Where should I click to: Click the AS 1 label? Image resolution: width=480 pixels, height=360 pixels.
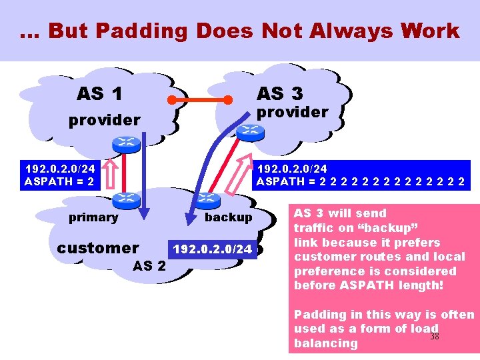click(99, 94)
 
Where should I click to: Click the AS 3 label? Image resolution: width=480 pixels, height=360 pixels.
click(279, 93)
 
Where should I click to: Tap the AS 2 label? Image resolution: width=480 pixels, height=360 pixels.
click(150, 266)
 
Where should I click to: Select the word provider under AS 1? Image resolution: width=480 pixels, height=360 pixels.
click(104, 120)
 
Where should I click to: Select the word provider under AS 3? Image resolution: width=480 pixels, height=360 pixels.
click(293, 112)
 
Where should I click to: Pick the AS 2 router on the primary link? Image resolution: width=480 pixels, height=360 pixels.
click(126, 198)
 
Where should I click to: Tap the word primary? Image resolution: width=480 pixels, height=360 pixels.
click(93, 217)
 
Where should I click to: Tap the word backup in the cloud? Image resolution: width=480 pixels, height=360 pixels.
click(229, 217)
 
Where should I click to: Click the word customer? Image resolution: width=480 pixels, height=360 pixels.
click(98, 248)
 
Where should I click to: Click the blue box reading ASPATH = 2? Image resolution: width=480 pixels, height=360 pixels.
click(59, 175)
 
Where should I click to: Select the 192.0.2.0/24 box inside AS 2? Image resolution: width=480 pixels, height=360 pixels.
click(213, 249)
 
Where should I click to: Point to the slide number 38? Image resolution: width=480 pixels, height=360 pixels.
click(434, 337)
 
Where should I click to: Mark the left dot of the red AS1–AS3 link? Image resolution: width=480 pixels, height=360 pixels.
click(171, 101)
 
